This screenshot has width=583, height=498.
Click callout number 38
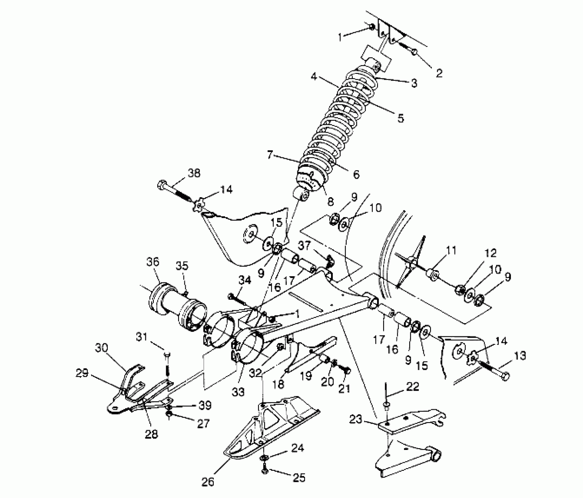(x=194, y=173)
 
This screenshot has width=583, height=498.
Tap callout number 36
(x=152, y=262)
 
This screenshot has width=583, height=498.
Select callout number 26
(x=208, y=482)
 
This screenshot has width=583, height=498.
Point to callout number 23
(x=356, y=419)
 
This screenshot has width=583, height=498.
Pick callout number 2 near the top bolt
(x=439, y=73)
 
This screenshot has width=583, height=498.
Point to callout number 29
(x=82, y=374)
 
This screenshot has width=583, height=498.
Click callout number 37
(x=304, y=245)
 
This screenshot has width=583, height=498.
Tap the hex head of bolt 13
(x=506, y=376)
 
